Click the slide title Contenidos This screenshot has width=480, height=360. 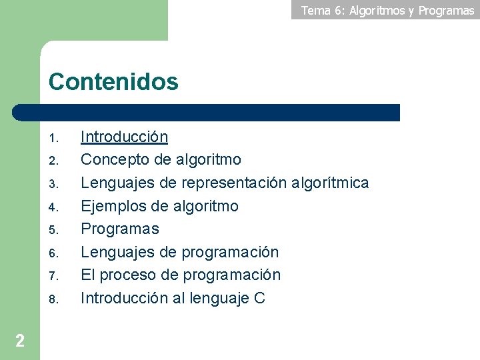tap(113, 82)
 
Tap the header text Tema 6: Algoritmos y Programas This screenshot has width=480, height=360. tap(387, 10)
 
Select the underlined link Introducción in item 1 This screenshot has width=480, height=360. tap(124, 137)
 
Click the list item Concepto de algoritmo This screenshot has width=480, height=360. tap(161, 160)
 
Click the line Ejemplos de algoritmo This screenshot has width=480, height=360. tap(159, 206)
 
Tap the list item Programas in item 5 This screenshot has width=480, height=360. tap(120, 229)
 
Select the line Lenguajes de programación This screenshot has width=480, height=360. tap(179, 252)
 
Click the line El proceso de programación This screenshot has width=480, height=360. tap(181, 275)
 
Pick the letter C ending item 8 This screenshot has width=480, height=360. tap(259, 298)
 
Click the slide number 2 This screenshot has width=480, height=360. tap(20, 341)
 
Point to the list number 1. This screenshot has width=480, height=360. tap(55, 139)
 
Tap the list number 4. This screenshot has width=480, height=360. tap(55, 208)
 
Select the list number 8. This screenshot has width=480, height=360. tap(55, 300)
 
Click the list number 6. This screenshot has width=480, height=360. tap(55, 254)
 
